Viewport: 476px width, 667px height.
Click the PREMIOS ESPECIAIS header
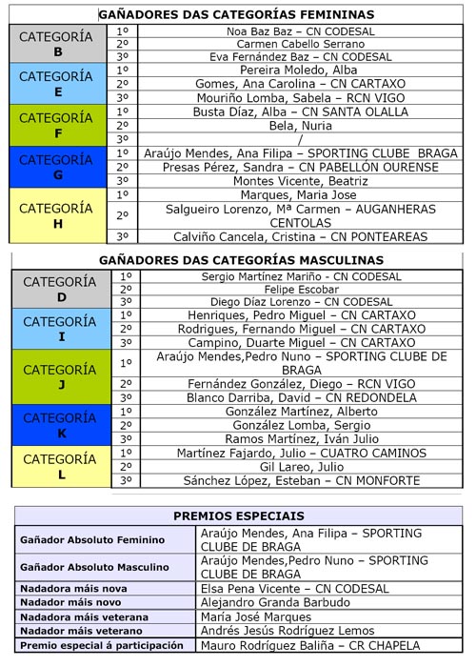pos(238,515)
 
